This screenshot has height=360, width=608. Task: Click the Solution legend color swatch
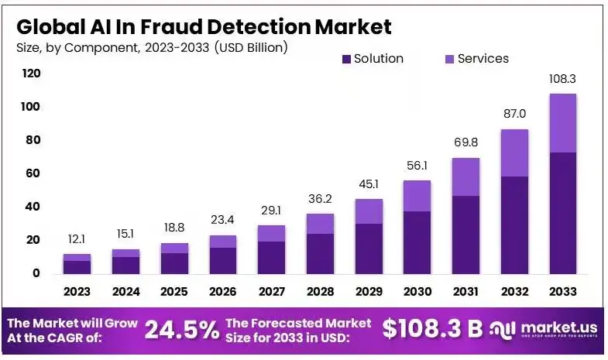[346, 59]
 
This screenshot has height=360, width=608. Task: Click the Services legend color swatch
[450, 59]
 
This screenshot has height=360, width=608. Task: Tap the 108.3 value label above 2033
[562, 79]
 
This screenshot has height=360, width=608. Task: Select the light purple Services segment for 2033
[562, 123]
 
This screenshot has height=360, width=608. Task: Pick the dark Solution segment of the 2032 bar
[514, 225]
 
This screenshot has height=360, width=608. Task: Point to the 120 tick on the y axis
[31, 74]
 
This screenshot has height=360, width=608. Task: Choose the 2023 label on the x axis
[77, 292]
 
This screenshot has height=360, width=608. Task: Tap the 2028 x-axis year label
[320, 292]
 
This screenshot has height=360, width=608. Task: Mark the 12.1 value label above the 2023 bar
[77, 239]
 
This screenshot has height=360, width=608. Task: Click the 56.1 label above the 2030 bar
[417, 166]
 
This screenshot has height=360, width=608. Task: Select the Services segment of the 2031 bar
[465, 177]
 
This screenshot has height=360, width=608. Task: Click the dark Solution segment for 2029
[369, 248]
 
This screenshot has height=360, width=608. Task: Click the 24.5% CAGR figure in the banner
[181, 330]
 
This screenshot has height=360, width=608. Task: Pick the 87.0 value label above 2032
[514, 115]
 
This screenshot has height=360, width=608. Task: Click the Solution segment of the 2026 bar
[222, 260]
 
